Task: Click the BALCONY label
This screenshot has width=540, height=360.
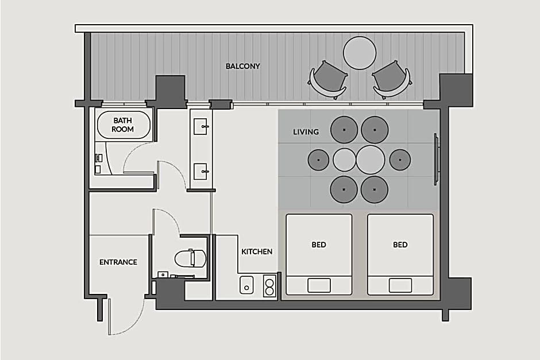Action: point(242,66)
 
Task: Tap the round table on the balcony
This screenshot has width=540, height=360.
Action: point(360,53)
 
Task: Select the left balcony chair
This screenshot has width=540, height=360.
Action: point(328,80)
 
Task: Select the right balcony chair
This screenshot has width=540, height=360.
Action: point(392,80)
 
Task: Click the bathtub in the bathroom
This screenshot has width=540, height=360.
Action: point(124,125)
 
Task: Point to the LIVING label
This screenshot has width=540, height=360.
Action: point(306,132)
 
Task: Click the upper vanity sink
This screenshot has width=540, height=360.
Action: point(201,126)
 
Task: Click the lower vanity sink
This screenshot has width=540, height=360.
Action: point(201,172)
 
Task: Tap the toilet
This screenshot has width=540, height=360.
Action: point(191,258)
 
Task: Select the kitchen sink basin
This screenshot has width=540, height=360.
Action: point(246,285)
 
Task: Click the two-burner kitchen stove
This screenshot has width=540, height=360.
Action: point(269,286)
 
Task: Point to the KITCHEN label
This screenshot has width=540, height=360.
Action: point(257,251)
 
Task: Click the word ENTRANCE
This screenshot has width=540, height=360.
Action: point(118,262)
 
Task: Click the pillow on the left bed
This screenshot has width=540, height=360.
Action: point(319,285)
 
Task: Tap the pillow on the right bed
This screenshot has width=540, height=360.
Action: point(400,285)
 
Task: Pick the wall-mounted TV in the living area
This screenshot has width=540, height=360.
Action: point(437,160)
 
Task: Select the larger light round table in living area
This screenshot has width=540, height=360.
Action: point(370,160)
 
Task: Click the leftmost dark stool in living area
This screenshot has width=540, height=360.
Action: point(318,160)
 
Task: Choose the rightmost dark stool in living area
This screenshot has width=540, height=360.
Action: point(400,160)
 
